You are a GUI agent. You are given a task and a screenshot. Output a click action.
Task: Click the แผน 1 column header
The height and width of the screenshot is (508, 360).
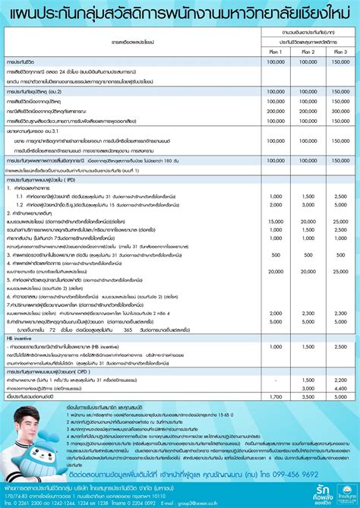point(275,50)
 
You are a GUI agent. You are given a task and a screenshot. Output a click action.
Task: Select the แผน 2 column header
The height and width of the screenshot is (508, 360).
point(307,50)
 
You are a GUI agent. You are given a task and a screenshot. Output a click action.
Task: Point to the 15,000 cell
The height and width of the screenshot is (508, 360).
point(275,221)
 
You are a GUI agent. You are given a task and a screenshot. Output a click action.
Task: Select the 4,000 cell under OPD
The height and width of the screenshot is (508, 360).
point(307,388)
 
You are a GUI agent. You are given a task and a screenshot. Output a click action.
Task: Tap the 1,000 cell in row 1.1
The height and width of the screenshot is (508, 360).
point(275,197)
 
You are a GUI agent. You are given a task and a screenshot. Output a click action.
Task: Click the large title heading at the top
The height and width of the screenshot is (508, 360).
point(179,13)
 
